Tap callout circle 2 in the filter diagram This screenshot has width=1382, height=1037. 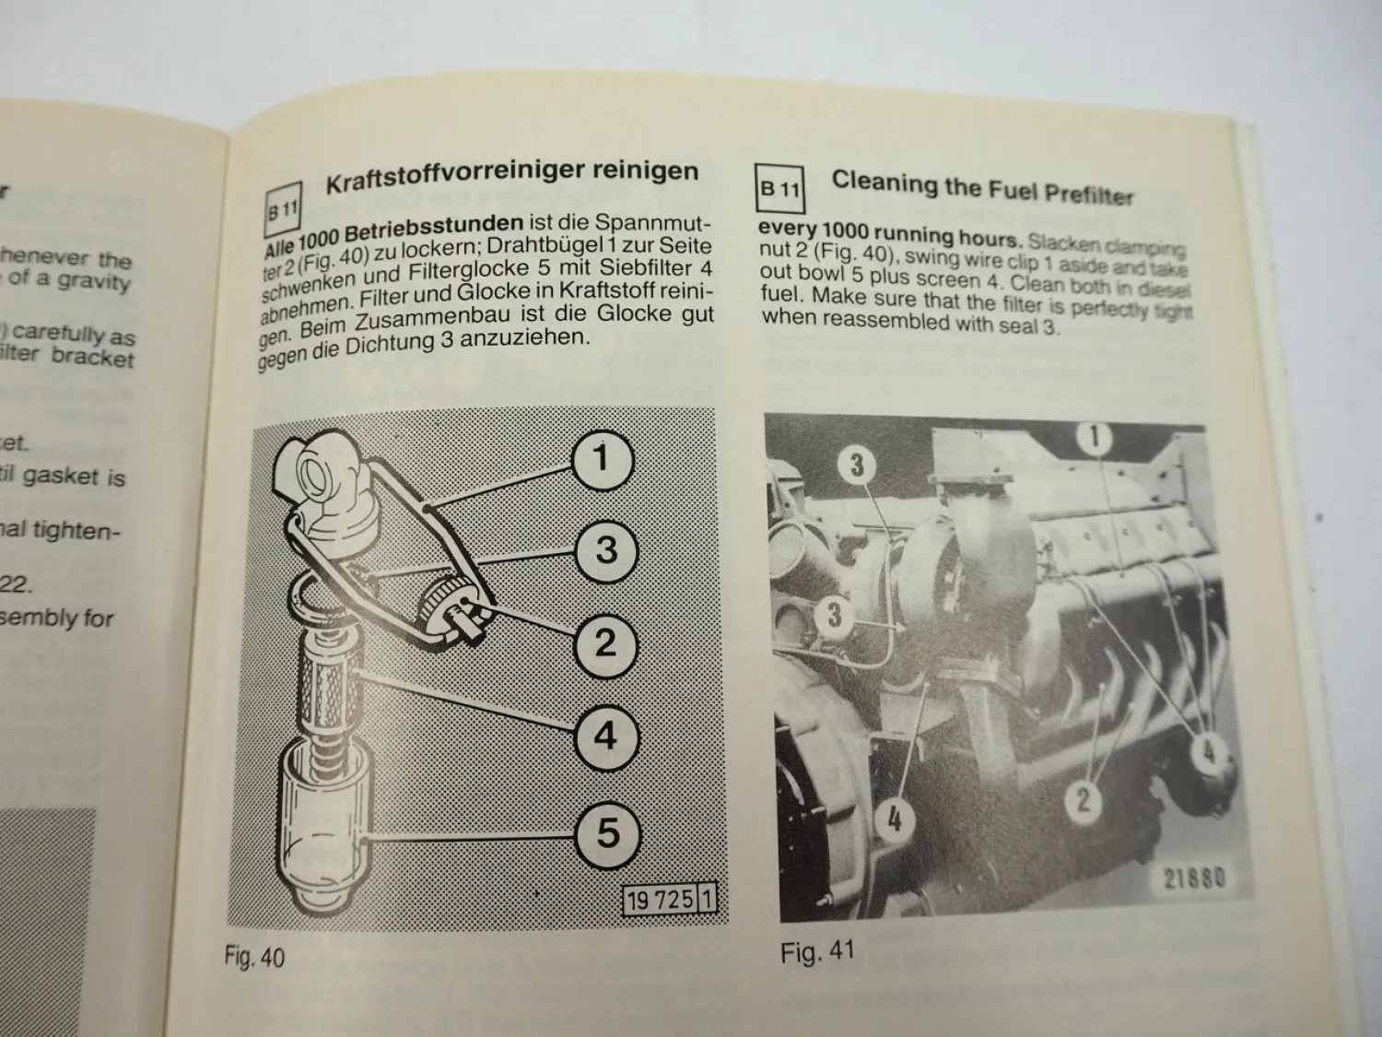tap(605, 642)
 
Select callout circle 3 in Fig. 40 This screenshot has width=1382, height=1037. tap(605, 549)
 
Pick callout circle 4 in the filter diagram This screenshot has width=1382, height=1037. tap(605, 736)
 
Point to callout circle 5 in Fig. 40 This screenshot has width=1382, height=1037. tap(607, 832)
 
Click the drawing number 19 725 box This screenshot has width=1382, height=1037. tap(669, 899)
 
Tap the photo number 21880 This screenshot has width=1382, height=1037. tap(1194, 877)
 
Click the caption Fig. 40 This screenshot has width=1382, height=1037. tap(254, 957)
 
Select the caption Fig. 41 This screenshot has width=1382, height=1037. tap(817, 950)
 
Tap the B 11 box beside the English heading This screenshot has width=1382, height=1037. tap(779, 190)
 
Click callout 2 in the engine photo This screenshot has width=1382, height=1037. tap(1083, 798)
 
